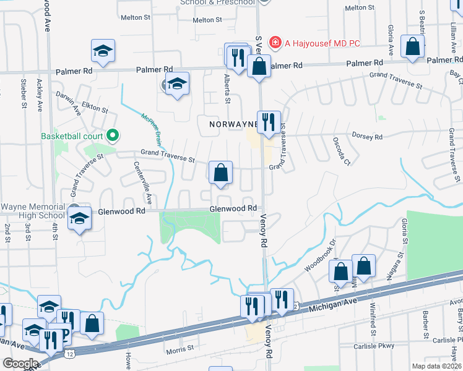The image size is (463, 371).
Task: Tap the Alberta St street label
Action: (227, 91)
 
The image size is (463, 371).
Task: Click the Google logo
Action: (20, 363)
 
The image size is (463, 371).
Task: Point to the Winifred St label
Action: (373, 315)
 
